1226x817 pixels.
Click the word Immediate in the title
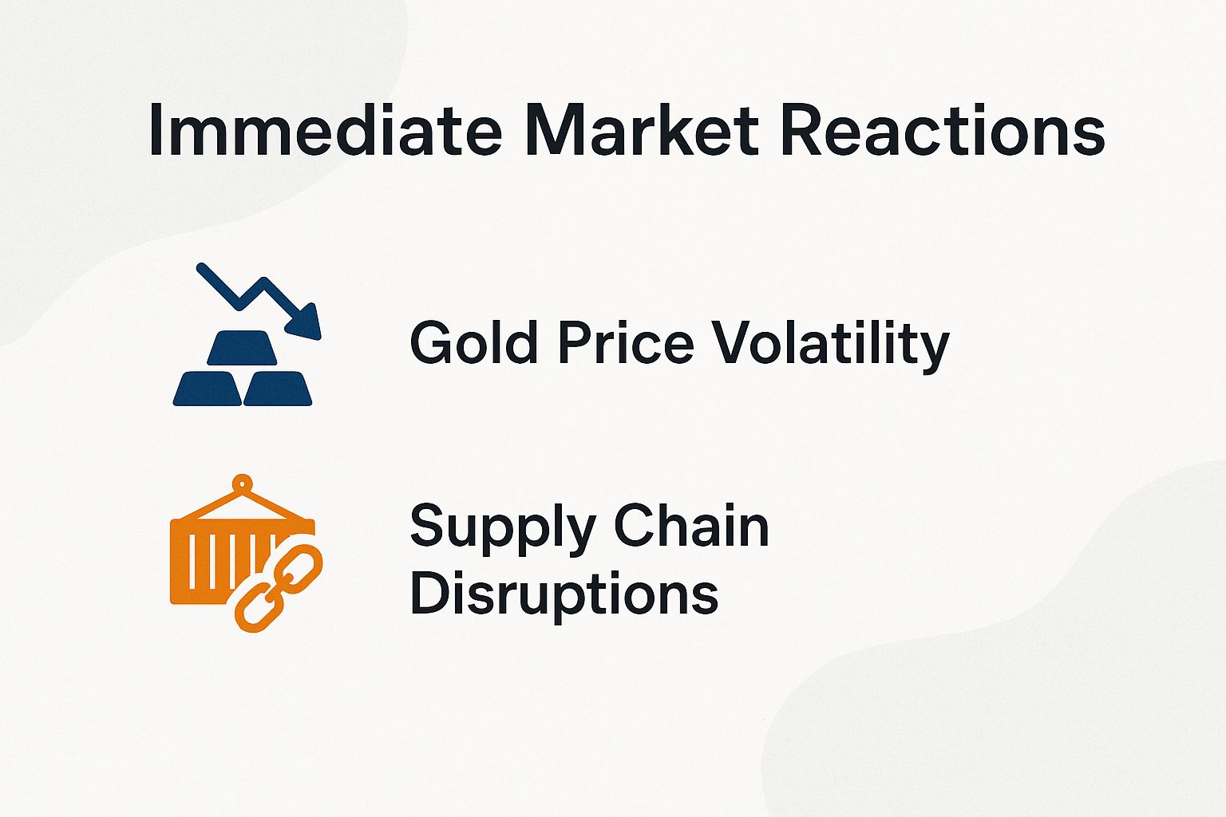click(324, 130)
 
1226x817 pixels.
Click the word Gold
click(473, 343)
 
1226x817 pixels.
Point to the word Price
click(625, 343)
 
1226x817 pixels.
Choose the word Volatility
click(830, 345)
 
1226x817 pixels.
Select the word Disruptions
click(564, 594)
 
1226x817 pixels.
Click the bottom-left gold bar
click(208, 389)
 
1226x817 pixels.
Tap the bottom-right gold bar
click(278, 389)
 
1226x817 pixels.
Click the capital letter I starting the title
click(155, 130)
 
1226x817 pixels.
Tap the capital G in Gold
click(432, 343)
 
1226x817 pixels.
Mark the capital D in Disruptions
click(429, 594)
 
